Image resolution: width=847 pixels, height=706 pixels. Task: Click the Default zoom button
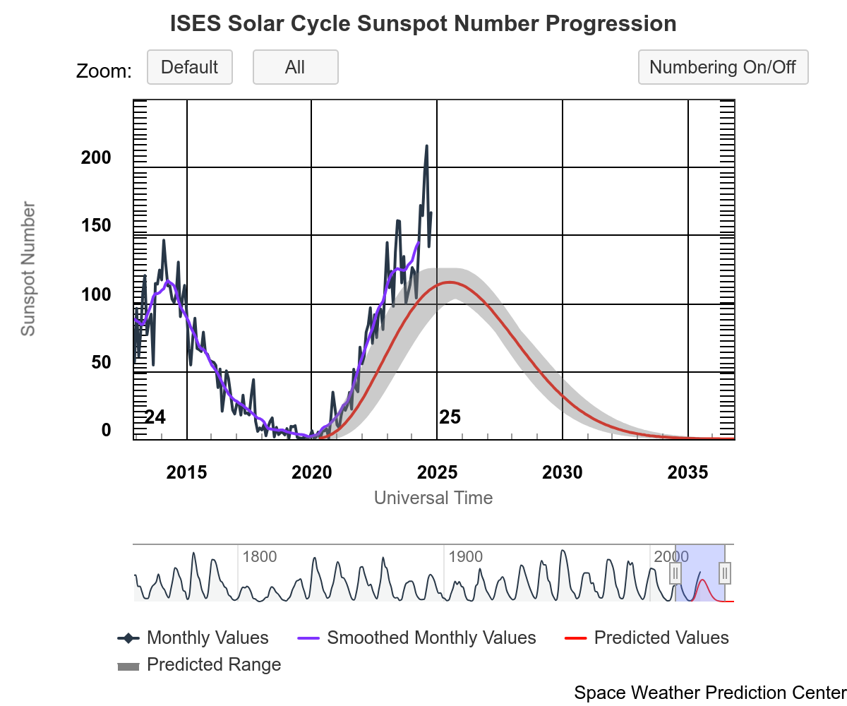[x=189, y=68]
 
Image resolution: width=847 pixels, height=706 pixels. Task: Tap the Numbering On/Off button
[x=723, y=68]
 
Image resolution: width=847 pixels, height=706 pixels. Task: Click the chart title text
[x=423, y=24]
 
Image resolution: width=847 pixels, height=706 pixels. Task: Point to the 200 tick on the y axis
[x=96, y=157]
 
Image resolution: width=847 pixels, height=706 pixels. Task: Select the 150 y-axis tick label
[x=96, y=226]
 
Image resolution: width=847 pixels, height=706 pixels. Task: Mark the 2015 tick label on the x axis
[x=187, y=473]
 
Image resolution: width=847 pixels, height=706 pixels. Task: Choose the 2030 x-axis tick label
[x=563, y=473]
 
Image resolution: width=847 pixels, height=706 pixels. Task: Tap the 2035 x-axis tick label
[x=688, y=473]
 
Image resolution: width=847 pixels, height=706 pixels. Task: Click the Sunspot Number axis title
[x=28, y=268]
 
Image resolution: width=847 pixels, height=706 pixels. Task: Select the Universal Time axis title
[x=433, y=498]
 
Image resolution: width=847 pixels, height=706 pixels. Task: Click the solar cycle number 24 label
[x=155, y=417]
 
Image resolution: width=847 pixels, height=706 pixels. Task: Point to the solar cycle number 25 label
[x=450, y=417]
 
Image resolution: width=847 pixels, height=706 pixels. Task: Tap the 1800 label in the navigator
[x=259, y=556]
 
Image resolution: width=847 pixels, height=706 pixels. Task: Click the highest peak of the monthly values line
[x=426, y=146]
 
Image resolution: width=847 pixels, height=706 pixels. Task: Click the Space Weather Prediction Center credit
[x=709, y=693]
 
